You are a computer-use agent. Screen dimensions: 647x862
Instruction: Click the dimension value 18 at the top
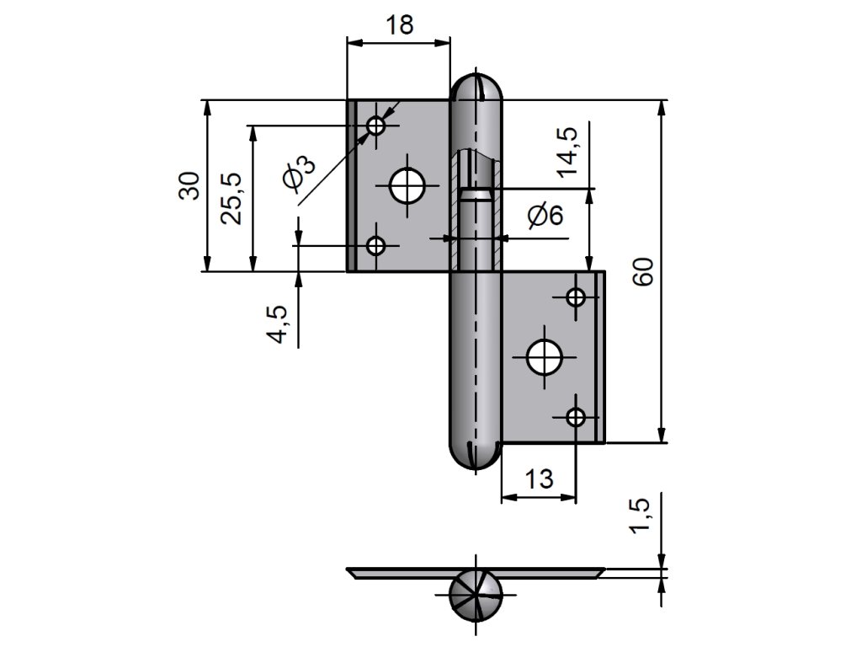[400, 25]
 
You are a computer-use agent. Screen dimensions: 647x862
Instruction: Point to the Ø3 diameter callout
[299, 173]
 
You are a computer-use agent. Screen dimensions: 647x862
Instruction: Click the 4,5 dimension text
[279, 324]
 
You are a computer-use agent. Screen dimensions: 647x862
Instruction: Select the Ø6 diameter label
[545, 217]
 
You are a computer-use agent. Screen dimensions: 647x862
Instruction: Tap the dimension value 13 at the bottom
[540, 479]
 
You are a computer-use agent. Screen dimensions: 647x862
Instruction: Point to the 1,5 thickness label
[641, 515]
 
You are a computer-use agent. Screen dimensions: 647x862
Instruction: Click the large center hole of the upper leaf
[407, 185]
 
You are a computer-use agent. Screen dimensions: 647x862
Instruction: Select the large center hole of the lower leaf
[544, 357]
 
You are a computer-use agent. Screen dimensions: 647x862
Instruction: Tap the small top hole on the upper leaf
[376, 126]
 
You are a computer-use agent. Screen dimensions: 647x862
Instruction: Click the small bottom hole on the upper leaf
[376, 246]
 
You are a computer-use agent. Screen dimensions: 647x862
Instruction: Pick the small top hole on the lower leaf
[576, 297]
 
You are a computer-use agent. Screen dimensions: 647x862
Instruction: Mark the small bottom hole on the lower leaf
[576, 416]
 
